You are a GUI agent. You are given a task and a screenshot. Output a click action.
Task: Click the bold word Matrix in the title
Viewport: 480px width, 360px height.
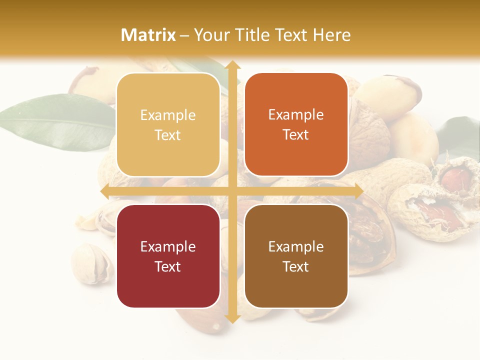tap(148, 35)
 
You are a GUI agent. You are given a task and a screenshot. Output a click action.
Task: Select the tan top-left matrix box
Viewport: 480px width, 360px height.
tap(168, 124)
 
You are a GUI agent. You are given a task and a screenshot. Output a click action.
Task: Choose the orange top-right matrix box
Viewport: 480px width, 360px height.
tap(296, 124)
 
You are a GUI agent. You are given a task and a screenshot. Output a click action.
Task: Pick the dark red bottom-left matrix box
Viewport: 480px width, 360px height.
tap(168, 256)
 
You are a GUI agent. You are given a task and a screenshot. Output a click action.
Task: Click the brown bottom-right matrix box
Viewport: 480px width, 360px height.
tap(296, 256)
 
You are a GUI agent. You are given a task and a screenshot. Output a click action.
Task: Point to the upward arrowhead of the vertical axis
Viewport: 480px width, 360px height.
tap(232, 65)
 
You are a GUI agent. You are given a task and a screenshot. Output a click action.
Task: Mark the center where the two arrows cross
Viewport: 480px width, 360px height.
tap(232, 191)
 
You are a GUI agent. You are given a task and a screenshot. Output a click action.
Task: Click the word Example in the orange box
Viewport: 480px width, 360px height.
tap(296, 114)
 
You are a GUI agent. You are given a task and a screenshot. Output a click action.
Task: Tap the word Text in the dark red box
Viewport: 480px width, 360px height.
tap(168, 266)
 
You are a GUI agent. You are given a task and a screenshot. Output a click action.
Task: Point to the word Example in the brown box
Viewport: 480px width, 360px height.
tap(296, 246)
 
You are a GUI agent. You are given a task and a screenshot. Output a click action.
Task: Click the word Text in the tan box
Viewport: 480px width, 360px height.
tap(168, 135)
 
